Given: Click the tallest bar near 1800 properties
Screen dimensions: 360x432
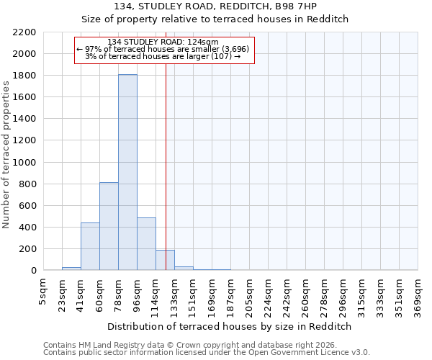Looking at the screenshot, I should click(x=127, y=173).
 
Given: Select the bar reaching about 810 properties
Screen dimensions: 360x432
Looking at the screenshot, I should click(x=109, y=226).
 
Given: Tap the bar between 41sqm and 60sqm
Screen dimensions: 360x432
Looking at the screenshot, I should click(x=90, y=246).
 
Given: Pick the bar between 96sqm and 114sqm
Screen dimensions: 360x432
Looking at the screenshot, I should click(x=146, y=244).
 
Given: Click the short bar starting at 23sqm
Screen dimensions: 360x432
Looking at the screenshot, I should click(x=71, y=269).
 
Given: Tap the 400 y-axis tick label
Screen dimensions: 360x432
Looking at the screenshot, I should click(x=28, y=228).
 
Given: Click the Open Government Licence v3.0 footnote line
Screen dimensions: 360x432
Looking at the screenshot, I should click(x=206, y=352).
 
